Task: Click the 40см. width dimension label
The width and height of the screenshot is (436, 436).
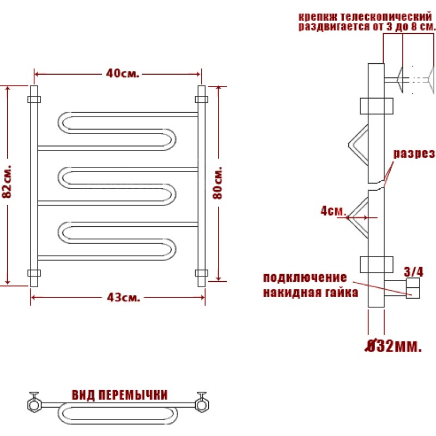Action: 122,74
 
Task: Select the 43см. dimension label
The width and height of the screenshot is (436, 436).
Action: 124,298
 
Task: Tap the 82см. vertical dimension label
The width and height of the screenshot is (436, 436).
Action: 7,181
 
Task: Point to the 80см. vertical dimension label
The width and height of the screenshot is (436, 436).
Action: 217,183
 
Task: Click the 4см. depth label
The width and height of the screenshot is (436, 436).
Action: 333,211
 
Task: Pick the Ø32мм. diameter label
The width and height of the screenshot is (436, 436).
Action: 393,346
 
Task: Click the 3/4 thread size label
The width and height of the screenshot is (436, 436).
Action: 414,271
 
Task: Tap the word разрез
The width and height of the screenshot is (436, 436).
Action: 414,154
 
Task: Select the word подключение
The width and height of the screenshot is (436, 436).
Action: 305,277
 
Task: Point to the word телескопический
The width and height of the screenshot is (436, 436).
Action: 386,17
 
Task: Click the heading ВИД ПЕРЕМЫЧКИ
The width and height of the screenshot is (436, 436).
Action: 120,395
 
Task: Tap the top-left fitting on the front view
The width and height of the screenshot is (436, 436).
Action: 34,99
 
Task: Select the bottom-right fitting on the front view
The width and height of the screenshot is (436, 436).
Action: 202,273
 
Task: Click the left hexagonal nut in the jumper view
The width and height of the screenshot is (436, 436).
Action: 34,405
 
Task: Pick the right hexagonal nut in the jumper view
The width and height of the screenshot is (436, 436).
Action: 202,405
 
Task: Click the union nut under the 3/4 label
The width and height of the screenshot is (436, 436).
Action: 413,288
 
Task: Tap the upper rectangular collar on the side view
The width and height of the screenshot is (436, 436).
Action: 377,106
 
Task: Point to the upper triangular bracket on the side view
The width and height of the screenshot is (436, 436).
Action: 358,145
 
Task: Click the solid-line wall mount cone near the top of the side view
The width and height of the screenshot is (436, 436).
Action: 400,80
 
